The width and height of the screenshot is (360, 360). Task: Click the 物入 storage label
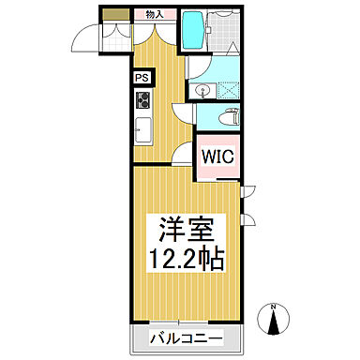pyautogui.click(x=154, y=14)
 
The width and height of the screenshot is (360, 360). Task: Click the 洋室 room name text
pyautogui.click(x=183, y=229)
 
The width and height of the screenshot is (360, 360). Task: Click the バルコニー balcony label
pyautogui.click(x=183, y=337)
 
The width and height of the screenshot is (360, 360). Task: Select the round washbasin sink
pyautogui.click(x=205, y=91)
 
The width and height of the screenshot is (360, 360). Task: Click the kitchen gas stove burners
pyautogui.click(x=143, y=101)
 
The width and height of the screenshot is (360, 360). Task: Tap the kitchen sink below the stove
pyautogui.click(x=143, y=129)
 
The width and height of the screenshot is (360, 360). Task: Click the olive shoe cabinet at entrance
pyautogui.click(x=116, y=14)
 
